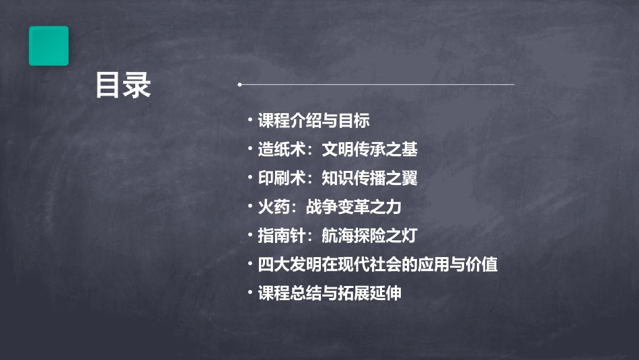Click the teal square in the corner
click(48, 46)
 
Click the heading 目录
click(122, 85)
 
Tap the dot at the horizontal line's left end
click(239, 85)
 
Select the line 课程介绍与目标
click(313, 120)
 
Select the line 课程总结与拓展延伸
click(330, 293)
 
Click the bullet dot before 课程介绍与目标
click(250, 120)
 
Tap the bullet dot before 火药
click(250, 207)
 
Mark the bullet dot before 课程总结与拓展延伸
click(250, 293)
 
